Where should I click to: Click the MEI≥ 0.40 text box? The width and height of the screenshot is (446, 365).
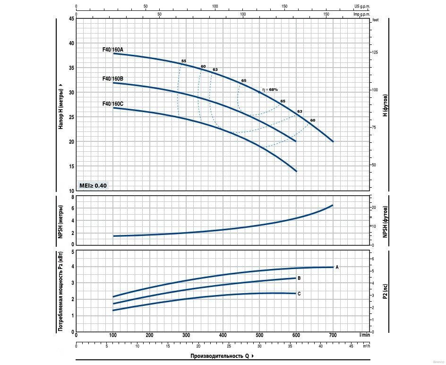(93, 186)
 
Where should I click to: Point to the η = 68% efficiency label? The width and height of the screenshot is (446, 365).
(271, 89)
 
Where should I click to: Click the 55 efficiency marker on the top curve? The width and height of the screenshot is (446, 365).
(184, 61)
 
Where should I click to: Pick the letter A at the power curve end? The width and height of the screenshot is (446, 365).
(337, 267)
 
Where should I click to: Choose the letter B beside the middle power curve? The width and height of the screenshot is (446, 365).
(299, 278)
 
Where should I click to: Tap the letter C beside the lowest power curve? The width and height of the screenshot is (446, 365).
(299, 294)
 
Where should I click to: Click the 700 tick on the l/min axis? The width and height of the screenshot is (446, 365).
(333, 335)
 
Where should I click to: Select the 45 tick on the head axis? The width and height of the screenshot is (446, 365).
(71, 18)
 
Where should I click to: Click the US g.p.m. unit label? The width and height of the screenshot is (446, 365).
(362, 7)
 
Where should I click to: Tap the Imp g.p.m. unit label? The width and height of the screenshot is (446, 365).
(362, 14)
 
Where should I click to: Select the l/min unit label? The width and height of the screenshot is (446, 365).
(364, 335)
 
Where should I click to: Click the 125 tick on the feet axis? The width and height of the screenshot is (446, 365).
(375, 52)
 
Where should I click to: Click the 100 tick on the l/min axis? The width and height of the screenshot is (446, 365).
(113, 335)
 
